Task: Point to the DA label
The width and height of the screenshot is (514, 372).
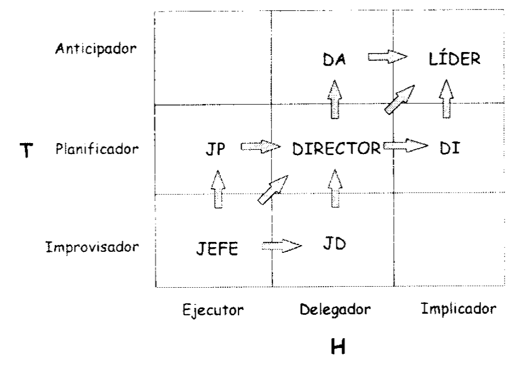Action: pos(334,61)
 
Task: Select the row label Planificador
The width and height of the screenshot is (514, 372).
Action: pos(97,150)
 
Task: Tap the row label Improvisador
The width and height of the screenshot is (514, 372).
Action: pos(93,247)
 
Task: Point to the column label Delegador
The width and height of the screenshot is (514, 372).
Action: pos(336,310)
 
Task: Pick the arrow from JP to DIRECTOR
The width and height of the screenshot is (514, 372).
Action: pos(260,147)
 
